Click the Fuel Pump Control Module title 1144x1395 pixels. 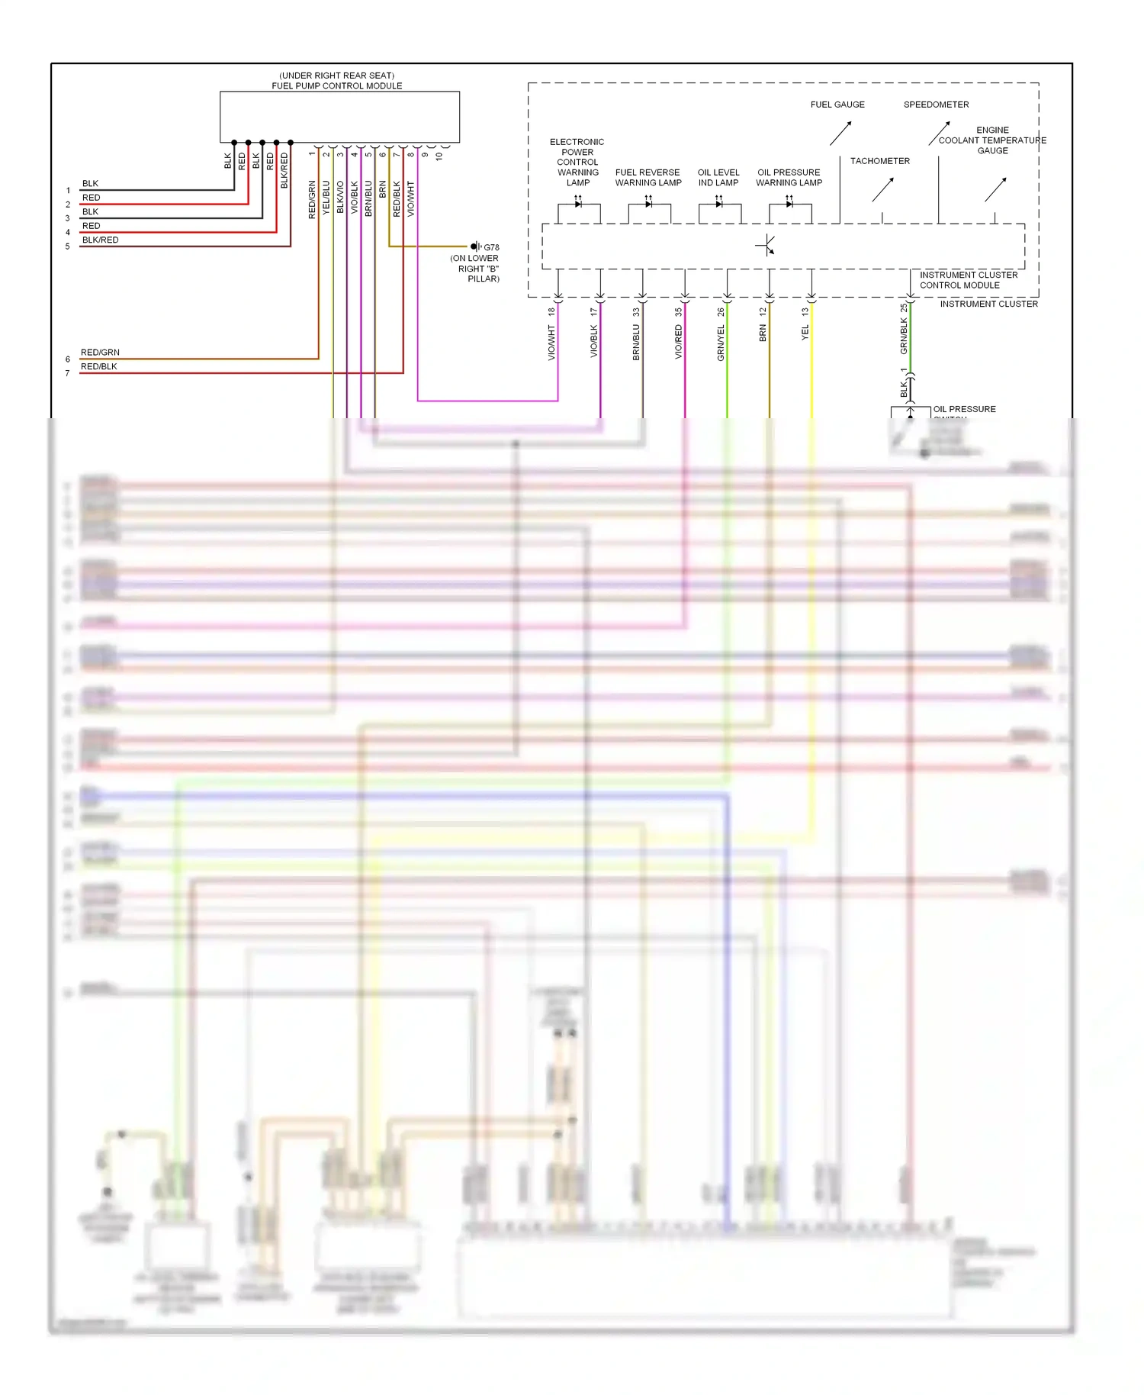pyautogui.click(x=336, y=85)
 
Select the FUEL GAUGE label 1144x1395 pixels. pyautogui.click(x=837, y=105)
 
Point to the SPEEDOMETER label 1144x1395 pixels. pyautogui.click(x=936, y=105)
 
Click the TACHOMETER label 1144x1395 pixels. pyautogui.click(x=879, y=161)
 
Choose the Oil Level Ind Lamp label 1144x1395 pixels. pyautogui.click(x=718, y=177)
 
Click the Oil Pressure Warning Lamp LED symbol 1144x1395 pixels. pyautogui.click(x=789, y=204)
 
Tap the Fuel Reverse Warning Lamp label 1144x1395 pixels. pyautogui.click(x=648, y=177)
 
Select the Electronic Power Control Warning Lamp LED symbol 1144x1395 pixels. pyautogui.click(x=578, y=204)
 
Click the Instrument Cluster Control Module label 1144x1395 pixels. pyautogui.click(x=968, y=280)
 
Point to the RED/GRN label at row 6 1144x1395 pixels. pyautogui.click(x=100, y=353)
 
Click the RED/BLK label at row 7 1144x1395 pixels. pyautogui.click(x=99, y=366)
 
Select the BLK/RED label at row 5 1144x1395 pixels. pyautogui.click(x=100, y=240)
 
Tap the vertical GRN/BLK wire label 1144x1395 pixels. pyautogui.click(x=904, y=336)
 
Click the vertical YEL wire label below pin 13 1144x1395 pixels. pyautogui.click(x=805, y=333)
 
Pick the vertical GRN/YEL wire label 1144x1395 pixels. pyautogui.click(x=721, y=343)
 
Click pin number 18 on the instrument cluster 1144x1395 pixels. pyautogui.click(x=551, y=311)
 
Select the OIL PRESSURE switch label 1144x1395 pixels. pyautogui.click(x=964, y=410)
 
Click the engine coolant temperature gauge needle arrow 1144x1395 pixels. pyautogui.click(x=995, y=189)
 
